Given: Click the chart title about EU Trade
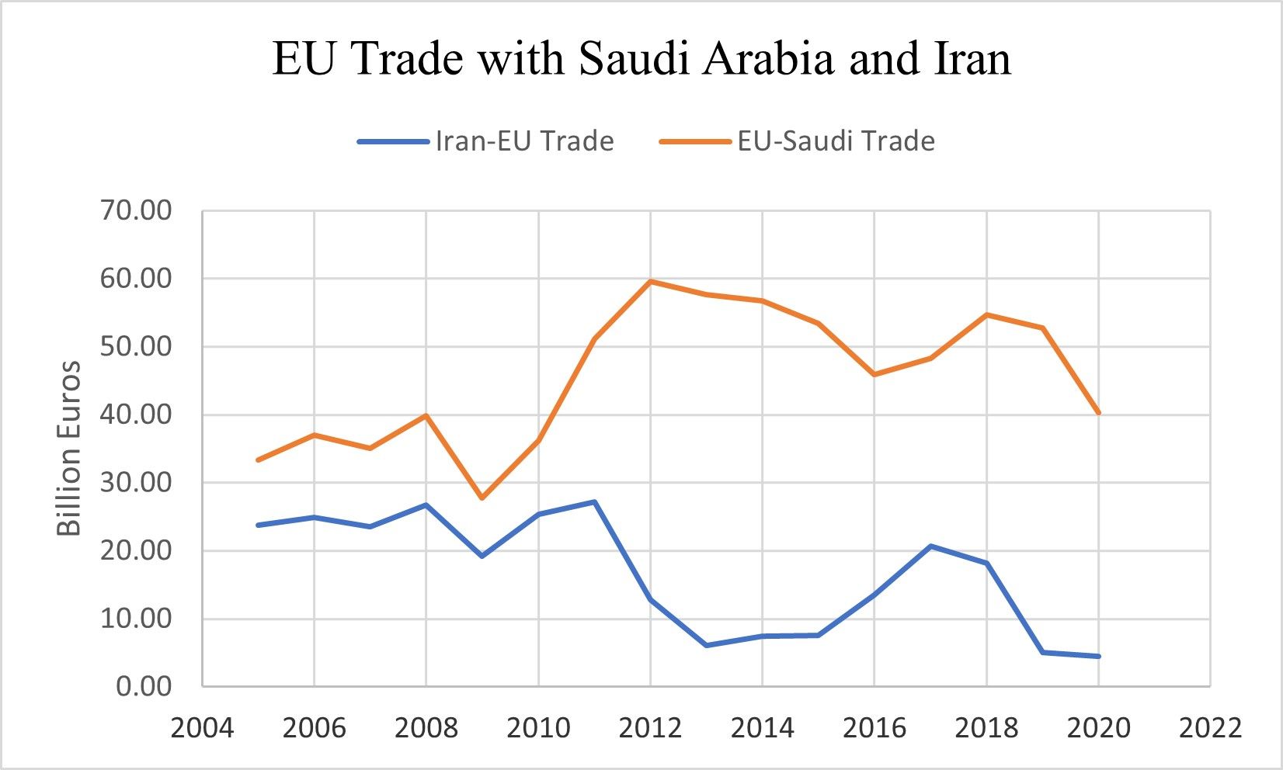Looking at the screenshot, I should pyautogui.click(x=641, y=59).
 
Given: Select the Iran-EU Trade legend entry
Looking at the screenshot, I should pyautogui.click(x=486, y=141).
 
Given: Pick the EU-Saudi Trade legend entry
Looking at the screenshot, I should pyautogui.click(x=798, y=141).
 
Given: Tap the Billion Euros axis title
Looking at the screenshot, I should pyautogui.click(x=70, y=448).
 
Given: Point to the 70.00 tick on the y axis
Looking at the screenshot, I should pyautogui.click(x=135, y=210).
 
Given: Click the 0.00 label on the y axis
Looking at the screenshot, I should pyautogui.click(x=144, y=686).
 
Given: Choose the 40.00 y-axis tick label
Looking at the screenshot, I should pyautogui.click(x=135, y=414).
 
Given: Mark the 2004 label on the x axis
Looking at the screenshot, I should pyautogui.click(x=202, y=728).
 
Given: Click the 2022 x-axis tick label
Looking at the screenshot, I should pyautogui.click(x=1210, y=728).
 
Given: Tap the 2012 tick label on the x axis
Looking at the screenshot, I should pyautogui.click(x=650, y=728).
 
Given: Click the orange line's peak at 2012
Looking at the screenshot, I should pyautogui.click(x=650, y=281).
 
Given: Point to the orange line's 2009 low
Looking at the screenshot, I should pyautogui.click(x=482, y=498).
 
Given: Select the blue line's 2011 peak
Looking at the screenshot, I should pyautogui.click(x=594, y=501).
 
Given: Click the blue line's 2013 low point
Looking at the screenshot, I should pyautogui.click(x=707, y=645).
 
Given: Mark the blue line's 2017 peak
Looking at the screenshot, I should pyautogui.click(x=930, y=546).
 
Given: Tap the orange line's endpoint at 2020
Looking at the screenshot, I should pyautogui.click(x=1098, y=412).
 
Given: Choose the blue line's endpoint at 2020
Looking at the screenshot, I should pyautogui.click(x=1098, y=656).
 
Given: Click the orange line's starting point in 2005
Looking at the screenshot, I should pyautogui.click(x=258, y=460).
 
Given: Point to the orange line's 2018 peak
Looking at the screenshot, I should pyautogui.click(x=986, y=314).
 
